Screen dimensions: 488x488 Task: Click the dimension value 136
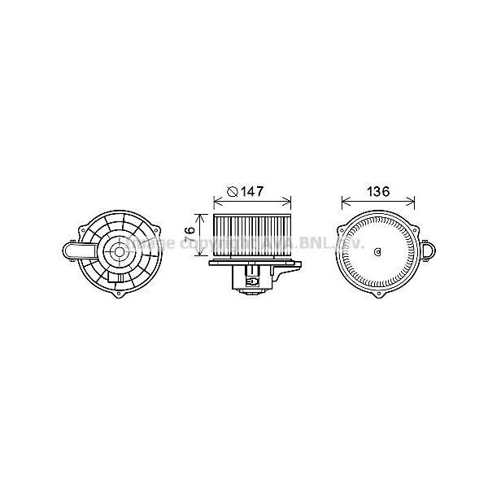[x=378, y=192]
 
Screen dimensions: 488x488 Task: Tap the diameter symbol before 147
[x=232, y=192]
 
